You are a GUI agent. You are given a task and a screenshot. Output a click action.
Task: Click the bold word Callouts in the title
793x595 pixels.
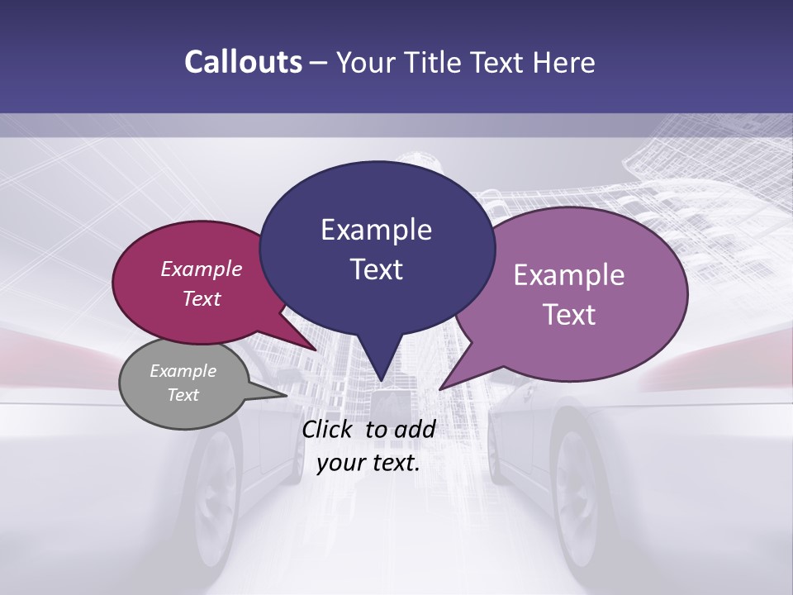click(x=243, y=62)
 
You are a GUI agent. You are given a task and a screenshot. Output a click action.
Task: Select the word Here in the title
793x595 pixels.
click(x=564, y=62)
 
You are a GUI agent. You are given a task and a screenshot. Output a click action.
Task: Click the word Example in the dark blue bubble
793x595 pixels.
click(x=376, y=230)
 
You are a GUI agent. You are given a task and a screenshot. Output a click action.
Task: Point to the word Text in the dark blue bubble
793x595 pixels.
click(x=376, y=269)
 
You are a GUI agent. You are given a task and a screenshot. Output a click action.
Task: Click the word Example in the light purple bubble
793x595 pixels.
click(x=569, y=275)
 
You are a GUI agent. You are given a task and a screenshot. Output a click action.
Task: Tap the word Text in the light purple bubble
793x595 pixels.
click(x=569, y=315)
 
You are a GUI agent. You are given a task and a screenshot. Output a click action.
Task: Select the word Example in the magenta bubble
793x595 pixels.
click(x=201, y=269)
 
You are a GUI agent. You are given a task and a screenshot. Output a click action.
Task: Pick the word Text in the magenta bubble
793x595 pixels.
click(x=201, y=298)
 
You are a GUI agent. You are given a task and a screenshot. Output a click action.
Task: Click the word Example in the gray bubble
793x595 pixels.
click(x=183, y=371)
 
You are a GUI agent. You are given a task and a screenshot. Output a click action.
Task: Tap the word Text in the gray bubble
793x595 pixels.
click(x=183, y=395)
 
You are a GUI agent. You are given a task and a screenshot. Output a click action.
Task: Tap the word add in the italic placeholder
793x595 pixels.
click(x=415, y=429)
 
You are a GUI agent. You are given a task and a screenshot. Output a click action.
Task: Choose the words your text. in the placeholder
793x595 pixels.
click(x=368, y=463)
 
